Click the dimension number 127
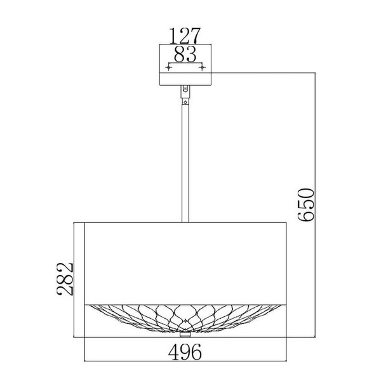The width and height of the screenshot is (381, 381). pos(185,36)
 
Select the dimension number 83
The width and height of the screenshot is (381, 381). pos(185,54)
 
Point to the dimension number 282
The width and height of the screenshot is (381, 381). pos(65,279)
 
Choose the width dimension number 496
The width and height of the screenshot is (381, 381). pos(185,352)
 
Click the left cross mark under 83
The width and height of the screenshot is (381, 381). pos(169,67)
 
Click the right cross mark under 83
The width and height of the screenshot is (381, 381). pos(203,67)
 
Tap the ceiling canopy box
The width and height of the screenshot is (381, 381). pos(185,65)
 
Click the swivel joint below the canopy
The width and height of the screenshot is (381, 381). pos(185,91)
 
